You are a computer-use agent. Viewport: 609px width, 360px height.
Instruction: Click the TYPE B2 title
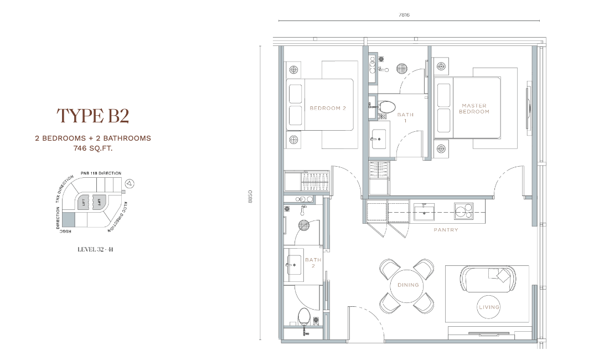(93, 116)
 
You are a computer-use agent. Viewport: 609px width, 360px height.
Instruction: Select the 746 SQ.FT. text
(93, 148)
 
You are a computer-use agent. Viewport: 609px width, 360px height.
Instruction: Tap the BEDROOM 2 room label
(328, 109)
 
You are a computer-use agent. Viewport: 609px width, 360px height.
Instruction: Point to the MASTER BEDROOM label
(474, 109)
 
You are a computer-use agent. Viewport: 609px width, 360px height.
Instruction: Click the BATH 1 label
(405, 117)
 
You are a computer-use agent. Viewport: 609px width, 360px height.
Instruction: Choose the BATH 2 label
(313, 263)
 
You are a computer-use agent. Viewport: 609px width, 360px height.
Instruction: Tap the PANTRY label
(446, 230)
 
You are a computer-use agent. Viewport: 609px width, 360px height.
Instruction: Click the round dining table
(407, 286)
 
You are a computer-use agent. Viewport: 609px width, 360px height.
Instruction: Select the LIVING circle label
(489, 307)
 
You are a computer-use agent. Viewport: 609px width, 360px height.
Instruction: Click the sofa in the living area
(488, 279)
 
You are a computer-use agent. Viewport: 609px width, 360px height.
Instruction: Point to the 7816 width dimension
(404, 15)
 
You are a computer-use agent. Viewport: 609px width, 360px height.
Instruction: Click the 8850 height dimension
(250, 197)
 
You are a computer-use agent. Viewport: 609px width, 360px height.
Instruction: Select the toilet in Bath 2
(303, 316)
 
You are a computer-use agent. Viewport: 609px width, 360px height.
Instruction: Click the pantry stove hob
(463, 212)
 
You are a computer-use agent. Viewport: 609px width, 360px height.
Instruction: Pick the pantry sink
(424, 212)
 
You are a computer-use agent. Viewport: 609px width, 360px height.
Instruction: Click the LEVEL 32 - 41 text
(95, 249)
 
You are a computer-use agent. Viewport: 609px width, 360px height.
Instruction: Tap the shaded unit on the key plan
(68, 220)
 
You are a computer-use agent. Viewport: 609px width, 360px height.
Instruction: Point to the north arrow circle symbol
(130, 184)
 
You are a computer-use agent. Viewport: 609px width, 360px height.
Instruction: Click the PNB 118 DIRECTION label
(101, 173)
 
